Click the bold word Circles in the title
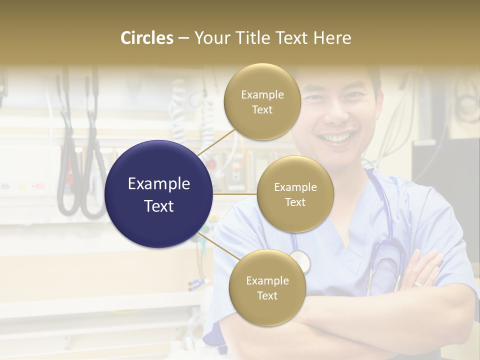point(147,38)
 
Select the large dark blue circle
point(159,194)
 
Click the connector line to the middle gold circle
point(235,194)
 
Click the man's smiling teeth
point(336,137)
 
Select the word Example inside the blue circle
point(159,184)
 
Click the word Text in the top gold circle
point(262,110)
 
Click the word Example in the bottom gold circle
point(267,281)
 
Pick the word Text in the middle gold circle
point(295,202)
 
